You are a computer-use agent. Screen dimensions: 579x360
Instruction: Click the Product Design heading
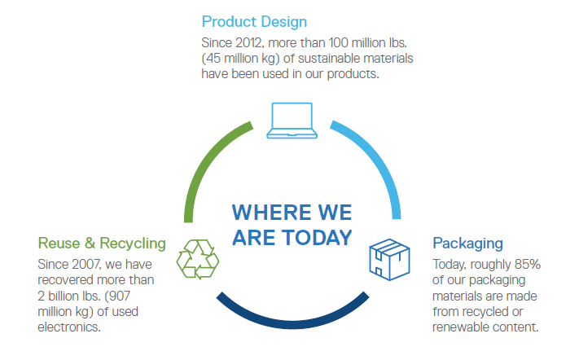(x=254, y=22)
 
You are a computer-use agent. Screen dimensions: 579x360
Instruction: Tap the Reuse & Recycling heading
(x=102, y=244)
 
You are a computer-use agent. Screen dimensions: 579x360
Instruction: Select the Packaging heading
(x=467, y=244)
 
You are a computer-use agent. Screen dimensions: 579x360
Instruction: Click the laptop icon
(x=292, y=121)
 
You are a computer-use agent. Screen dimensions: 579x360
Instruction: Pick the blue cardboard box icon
(x=389, y=260)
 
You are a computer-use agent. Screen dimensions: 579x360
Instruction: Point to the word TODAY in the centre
(x=318, y=237)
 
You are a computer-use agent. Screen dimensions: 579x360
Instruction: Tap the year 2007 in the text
(x=86, y=265)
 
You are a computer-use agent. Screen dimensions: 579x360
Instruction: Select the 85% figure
(x=528, y=265)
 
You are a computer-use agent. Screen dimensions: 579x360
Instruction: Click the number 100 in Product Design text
(x=338, y=43)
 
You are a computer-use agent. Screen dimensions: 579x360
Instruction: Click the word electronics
(x=69, y=327)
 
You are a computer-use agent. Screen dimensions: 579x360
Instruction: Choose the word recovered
(x=64, y=280)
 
